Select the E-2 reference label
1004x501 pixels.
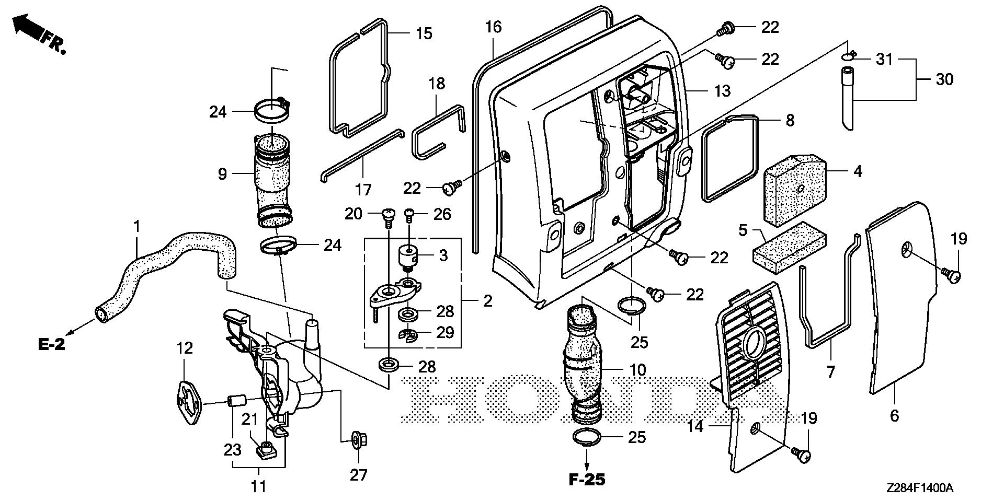tap(52, 345)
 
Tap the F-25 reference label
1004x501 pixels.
tap(587, 480)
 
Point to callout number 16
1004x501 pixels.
tap(493, 27)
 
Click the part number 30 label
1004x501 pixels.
tap(945, 79)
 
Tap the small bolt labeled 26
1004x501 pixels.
tap(410, 213)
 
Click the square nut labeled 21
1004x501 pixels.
tap(267, 447)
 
